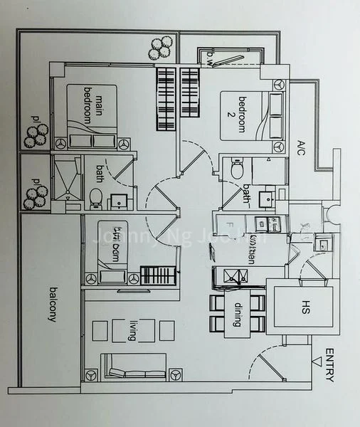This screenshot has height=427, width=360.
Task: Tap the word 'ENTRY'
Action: [329, 365]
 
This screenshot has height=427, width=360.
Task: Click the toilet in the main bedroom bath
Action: [95, 197]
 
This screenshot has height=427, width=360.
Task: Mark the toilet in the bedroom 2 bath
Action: [237, 170]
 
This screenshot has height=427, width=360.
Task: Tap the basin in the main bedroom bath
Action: [118, 201]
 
